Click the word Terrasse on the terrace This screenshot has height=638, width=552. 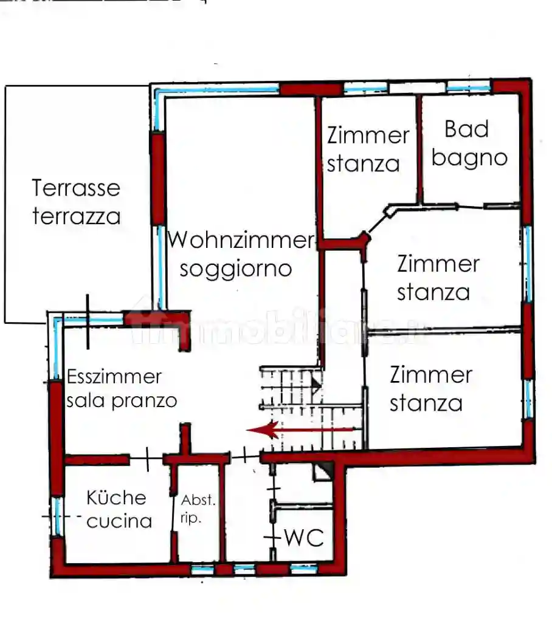(x=76, y=188)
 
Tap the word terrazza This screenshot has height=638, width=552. (x=76, y=216)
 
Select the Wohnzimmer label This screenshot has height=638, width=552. (x=240, y=240)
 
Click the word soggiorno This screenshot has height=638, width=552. (x=236, y=268)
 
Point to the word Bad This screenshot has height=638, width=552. (x=466, y=129)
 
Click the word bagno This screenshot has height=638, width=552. (x=469, y=158)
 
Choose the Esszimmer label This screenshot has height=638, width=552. (x=114, y=377)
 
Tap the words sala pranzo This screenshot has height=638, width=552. (x=122, y=401)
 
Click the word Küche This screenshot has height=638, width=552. (x=116, y=498)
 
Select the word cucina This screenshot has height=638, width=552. (x=119, y=521)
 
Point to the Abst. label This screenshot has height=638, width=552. (x=198, y=501)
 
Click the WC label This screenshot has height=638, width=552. (x=304, y=538)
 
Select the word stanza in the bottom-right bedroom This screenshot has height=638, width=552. (x=426, y=403)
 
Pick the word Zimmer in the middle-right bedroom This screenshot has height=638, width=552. (x=438, y=264)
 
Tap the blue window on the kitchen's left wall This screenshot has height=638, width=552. (x=57, y=516)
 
